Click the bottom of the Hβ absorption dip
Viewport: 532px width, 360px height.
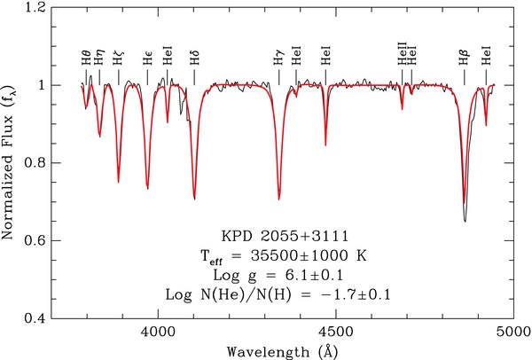(465, 220)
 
